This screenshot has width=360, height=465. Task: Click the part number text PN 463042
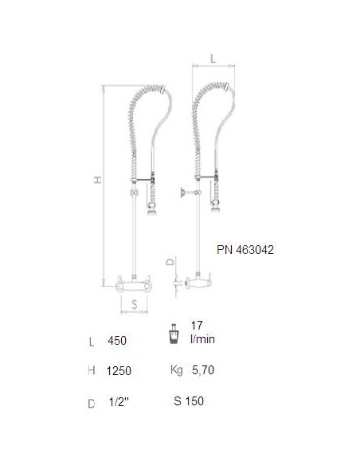tap(245, 250)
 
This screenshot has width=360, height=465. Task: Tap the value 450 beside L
tap(117, 341)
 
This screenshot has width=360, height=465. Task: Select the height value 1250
tap(119, 371)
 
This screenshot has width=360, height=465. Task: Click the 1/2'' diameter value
tap(119, 402)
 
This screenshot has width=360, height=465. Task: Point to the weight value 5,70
tap(203, 370)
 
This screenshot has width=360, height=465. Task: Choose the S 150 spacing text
tap(189, 401)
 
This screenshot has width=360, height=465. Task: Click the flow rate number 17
tap(197, 326)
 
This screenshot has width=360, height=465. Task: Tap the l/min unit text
tap(203, 339)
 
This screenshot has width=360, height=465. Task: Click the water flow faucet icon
tap(174, 334)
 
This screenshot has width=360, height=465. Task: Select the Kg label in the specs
tap(177, 370)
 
